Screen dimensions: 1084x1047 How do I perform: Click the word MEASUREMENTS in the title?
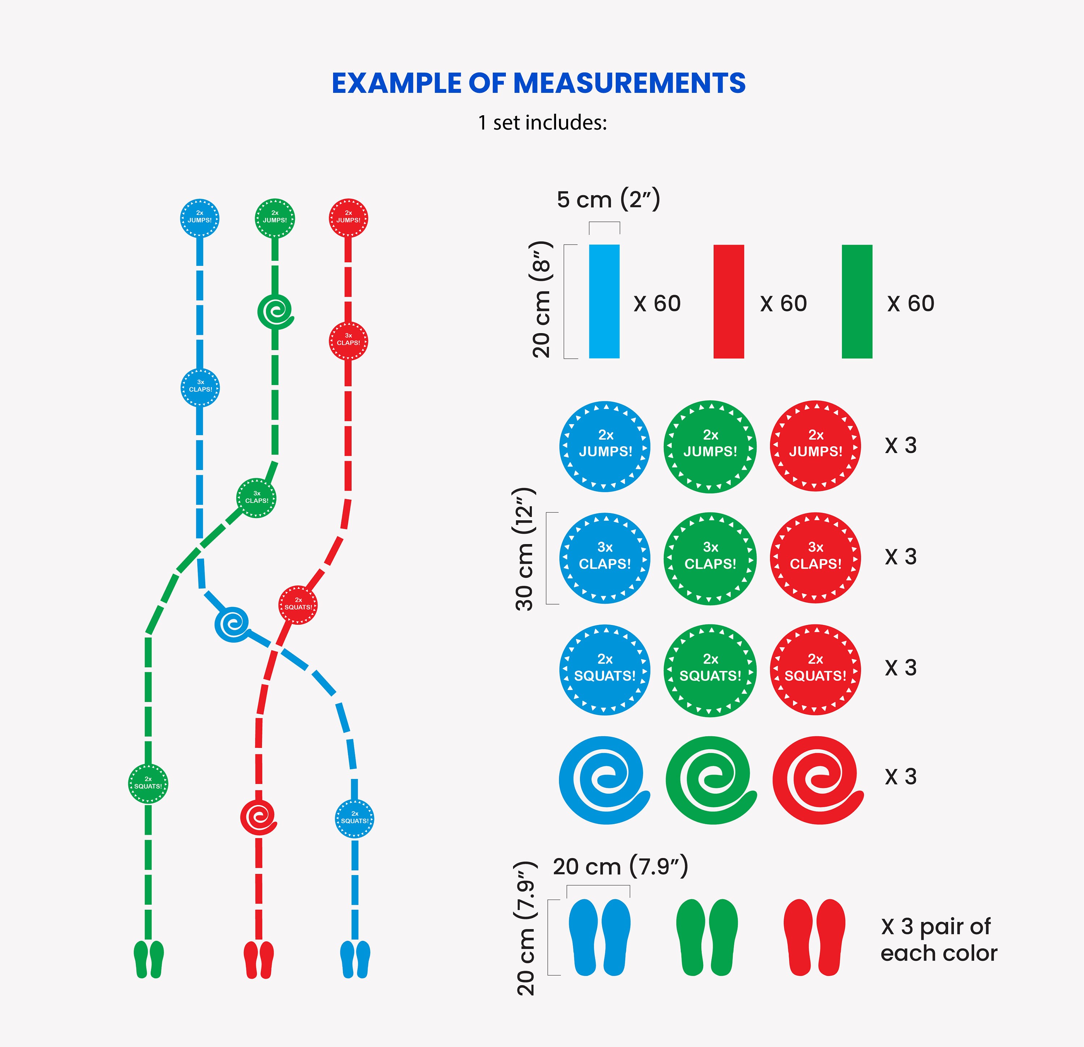(629, 83)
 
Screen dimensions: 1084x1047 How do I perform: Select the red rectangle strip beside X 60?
(728, 301)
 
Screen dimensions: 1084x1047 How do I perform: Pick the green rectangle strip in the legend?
(857, 301)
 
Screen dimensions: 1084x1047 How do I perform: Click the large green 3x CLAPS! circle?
(710, 559)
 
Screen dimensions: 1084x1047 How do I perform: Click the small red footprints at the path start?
(259, 960)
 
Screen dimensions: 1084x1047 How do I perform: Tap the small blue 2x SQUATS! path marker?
(354, 818)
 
